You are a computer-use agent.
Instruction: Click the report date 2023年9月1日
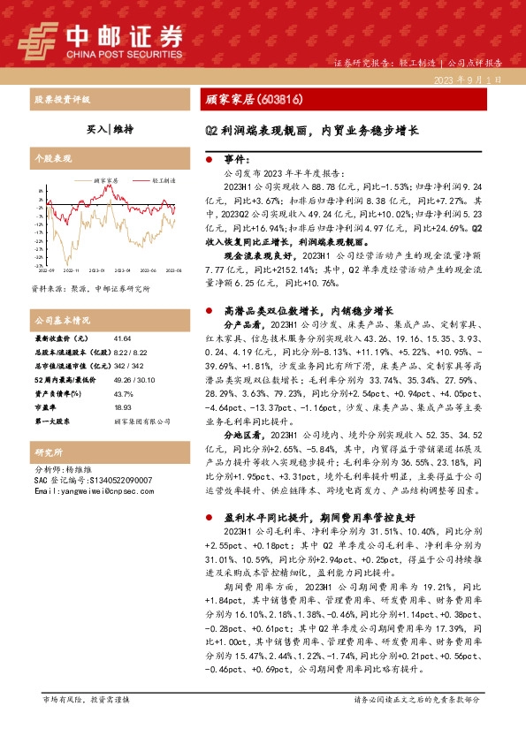[477, 79]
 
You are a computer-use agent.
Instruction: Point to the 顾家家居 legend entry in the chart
[104, 179]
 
